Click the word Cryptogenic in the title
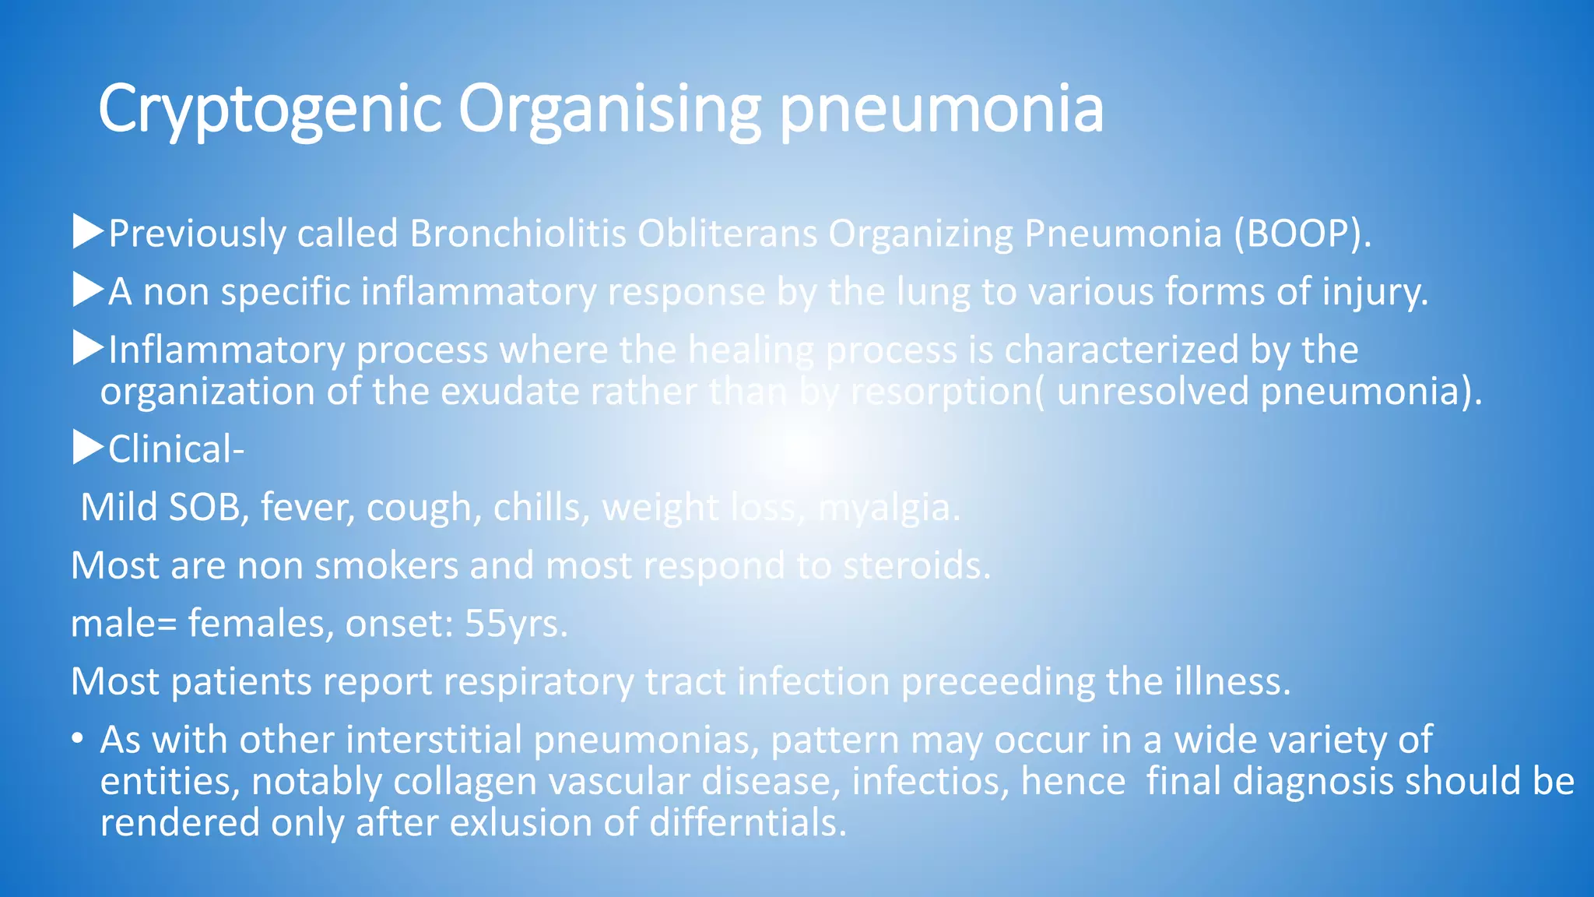tap(270, 109)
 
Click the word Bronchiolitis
tap(518, 234)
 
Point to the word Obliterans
tap(727, 234)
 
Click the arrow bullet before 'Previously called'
tap(88, 232)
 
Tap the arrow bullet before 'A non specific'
tap(88, 290)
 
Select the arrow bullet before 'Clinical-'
tap(88, 448)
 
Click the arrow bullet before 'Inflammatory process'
tap(88, 349)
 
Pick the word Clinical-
tap(176, 449)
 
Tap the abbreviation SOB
tap(209, 508)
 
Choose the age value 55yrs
tap(516, 624)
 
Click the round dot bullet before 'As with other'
tap(77, 738)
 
